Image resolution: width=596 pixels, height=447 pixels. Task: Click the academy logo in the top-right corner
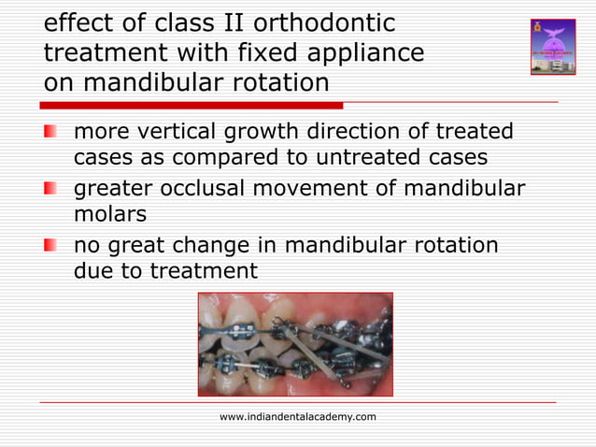click(x=552, y=46)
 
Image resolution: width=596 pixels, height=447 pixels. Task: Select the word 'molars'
click(x=110, y=215)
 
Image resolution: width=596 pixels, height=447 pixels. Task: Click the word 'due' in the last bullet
click(x=92, y=271)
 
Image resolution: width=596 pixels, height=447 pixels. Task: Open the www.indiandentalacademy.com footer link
click(x=297, y=416)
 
